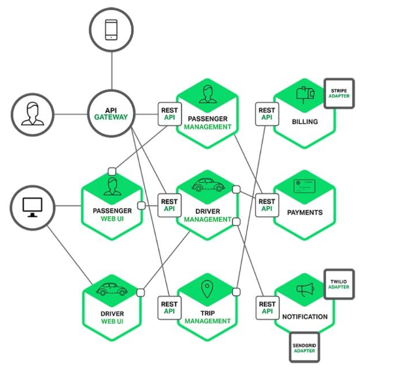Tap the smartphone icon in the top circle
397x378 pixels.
point(111,30)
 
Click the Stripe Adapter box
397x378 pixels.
point(339,93)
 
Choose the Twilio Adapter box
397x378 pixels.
point(339,284)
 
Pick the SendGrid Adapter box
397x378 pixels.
point(304,347)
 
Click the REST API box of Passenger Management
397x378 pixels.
point(170,114)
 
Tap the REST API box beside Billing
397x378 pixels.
point(267,114)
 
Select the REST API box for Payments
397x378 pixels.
point(267,205)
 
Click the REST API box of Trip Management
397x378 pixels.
point(169,308)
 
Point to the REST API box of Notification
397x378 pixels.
point(267,308)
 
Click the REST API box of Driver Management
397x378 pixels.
point(169,205)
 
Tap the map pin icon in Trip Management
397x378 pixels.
point(207,289)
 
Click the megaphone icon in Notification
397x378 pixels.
point(305,289)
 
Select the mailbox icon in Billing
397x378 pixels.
point(305,95)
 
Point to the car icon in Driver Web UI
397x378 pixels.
point(112,289)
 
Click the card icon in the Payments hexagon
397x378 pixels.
point(304,186)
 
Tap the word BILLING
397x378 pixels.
point(305,122)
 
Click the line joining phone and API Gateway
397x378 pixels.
point(112,71)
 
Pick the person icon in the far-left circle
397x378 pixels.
point(33,114)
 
